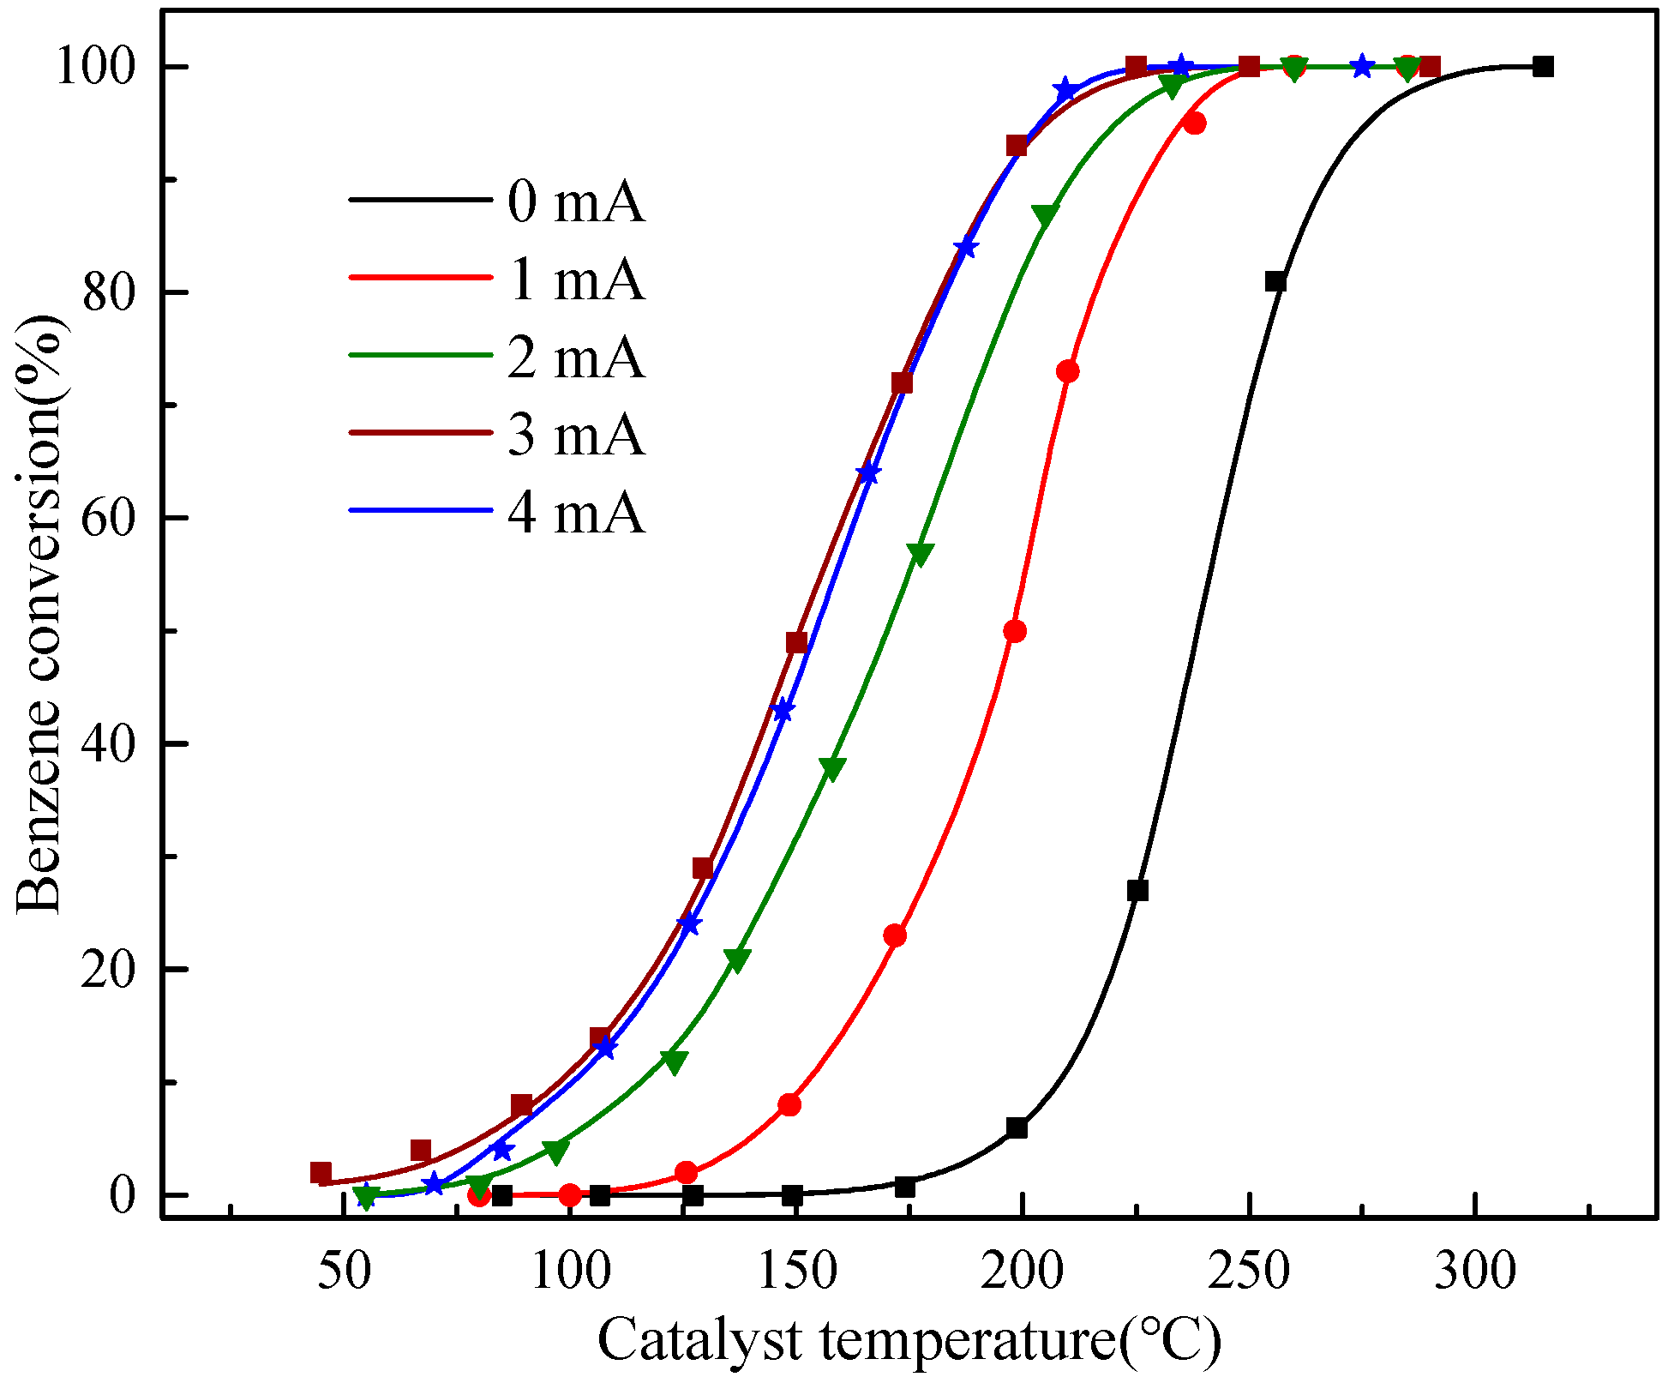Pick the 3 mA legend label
[x=575, y=434]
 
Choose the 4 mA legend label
[x=575, y=513]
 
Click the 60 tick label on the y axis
[x=109, y=519]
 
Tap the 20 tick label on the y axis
[x=109, y=970]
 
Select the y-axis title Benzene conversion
[x=40, y=613]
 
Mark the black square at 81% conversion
[x=1275, y=281]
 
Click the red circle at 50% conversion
[x=1015, y=632]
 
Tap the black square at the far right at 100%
[x=1543, y=67]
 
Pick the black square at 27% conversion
[x=1137, y=890]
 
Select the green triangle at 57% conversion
[x=920, y=553]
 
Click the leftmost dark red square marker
[x=321, y=1172]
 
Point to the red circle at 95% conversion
[x=1195, y=123]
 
